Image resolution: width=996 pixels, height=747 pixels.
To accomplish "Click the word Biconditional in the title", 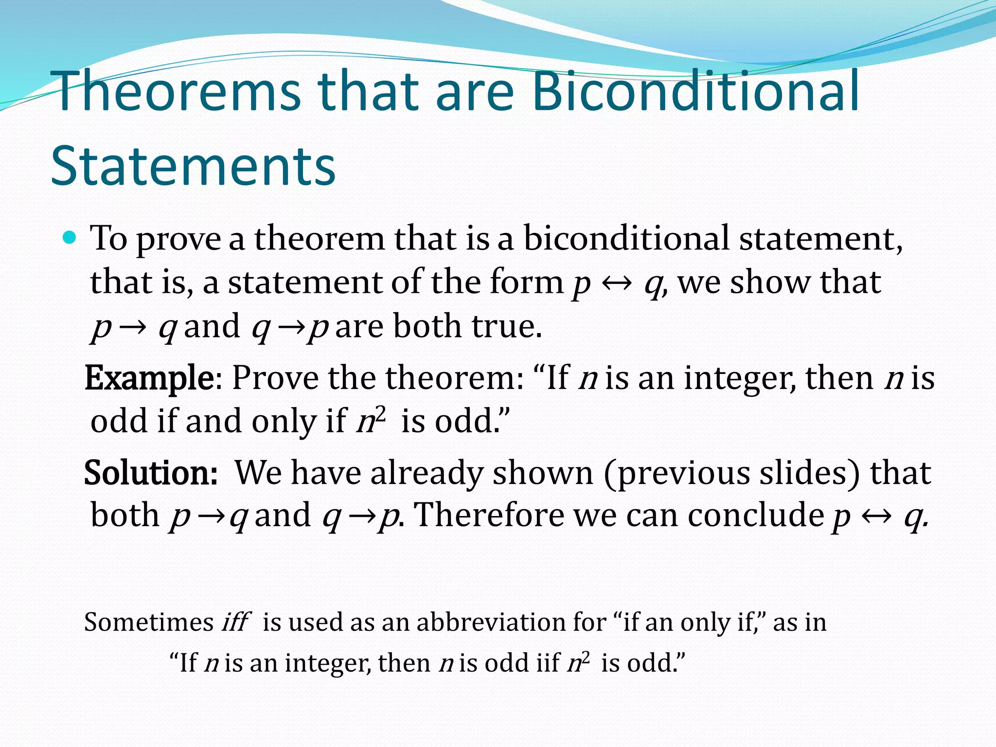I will pos(695,91).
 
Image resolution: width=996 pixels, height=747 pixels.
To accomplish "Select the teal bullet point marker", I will pos(71,238).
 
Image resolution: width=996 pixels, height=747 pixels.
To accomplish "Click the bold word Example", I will pos(149,378).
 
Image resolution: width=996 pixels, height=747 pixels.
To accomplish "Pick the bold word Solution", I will pos(151,472).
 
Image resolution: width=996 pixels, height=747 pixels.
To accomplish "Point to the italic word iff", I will pos(235,622).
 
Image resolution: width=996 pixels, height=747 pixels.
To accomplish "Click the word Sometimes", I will pos(149,622).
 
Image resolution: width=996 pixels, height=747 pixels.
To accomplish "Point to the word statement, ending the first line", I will pos(821,239).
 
